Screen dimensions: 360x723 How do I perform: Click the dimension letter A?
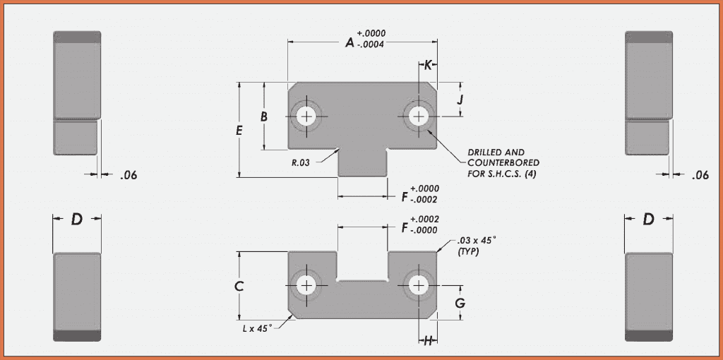pos(349,43)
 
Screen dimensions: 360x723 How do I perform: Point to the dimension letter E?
pos(239,131)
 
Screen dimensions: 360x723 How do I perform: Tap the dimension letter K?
pos(428,65)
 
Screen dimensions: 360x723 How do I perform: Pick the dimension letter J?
pos(459,100)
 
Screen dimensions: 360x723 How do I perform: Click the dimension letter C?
pos(239,286)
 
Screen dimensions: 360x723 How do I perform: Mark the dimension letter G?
pos(459,304)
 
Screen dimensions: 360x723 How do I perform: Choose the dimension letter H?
pos(428,341)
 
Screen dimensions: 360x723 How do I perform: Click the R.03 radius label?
pos(301,162)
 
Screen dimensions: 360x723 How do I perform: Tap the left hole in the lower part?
pos(306,285)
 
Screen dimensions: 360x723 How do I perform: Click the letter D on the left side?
pos(77,220)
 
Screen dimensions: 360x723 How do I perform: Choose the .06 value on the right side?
pos(700,175)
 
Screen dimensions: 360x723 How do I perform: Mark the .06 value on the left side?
pos(129,175)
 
